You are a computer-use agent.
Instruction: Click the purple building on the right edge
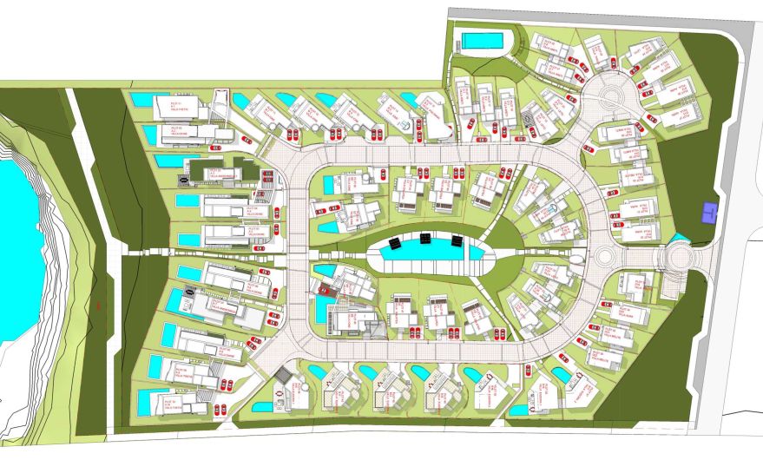pos(710,211)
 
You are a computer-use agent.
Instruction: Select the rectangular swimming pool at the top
pos(483,41)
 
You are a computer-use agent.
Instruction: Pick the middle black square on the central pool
pos(426,238)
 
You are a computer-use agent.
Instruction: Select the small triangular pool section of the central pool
pos(476,253)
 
